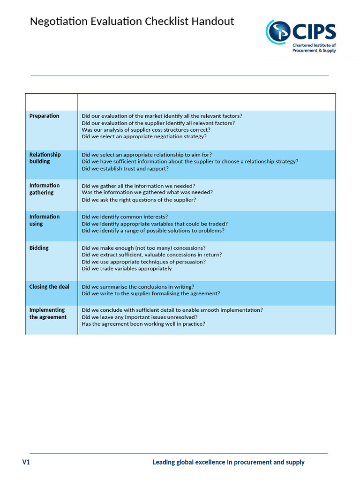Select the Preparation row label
tap(44, 116)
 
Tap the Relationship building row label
tap(45, 158)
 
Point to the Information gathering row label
tap(45, 189)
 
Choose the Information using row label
tap(45, 220)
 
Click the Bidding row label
tap(39, 248)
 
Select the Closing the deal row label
tap(49, 287)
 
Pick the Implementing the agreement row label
tap(48, 314)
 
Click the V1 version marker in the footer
tap(26, 462)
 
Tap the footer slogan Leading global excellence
tap(228, 462)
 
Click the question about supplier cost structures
tap(146, 130)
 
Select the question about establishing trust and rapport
tap(125, 168)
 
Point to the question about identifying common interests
tap(124, 217)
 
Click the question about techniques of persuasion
tap(143, 262)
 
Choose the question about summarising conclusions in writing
tap(138, 287)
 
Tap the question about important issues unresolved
tap(139, 317)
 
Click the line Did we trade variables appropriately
tap(127, 269)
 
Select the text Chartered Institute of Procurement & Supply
tap(314, 48)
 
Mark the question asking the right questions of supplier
tap(139, 200)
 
